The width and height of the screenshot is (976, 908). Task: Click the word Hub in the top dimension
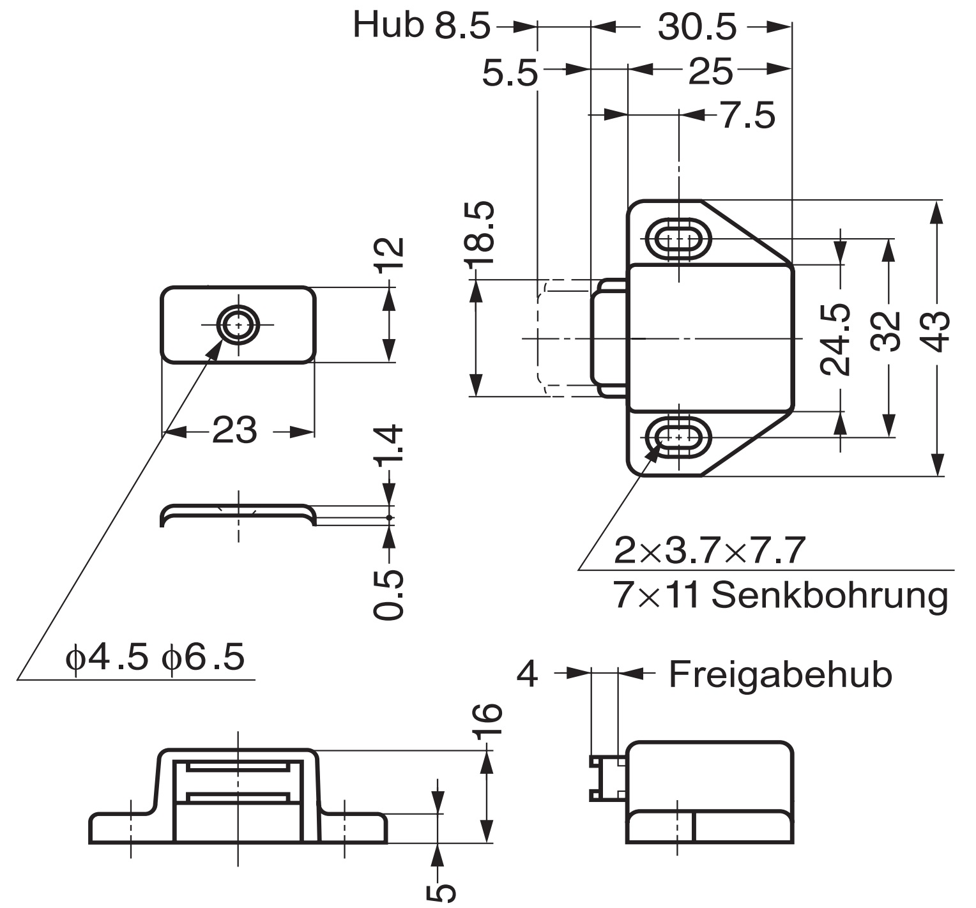tap(388, 26)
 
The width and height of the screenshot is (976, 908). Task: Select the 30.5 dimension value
tap(697, 27)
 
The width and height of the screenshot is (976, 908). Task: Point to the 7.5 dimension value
tap(748, 116)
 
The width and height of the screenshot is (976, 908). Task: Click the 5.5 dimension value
tap(510, 74)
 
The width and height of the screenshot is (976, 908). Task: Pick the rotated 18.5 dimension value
tap(480, 234)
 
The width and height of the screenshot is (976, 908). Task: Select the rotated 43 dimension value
tap(936, 331)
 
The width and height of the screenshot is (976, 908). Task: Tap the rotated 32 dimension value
tap(887, 331)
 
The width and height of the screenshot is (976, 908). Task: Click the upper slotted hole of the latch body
tap(678, 239)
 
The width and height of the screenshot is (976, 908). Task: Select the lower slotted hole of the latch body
tap(678, 439)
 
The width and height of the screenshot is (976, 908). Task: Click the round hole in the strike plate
tap(239, 325)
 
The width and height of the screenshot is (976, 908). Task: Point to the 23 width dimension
tap(234, 430)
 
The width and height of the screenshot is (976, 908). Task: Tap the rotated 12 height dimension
tap(390, 255)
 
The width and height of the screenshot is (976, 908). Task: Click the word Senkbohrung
tap(830, 596)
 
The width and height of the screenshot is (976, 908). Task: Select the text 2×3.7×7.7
tap(709, 550)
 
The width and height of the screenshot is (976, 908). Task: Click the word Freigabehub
tap(780, 674)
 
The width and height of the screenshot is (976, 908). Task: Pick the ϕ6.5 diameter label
tap(203, 656)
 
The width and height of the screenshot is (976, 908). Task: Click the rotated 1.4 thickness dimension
tap(390, 444)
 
